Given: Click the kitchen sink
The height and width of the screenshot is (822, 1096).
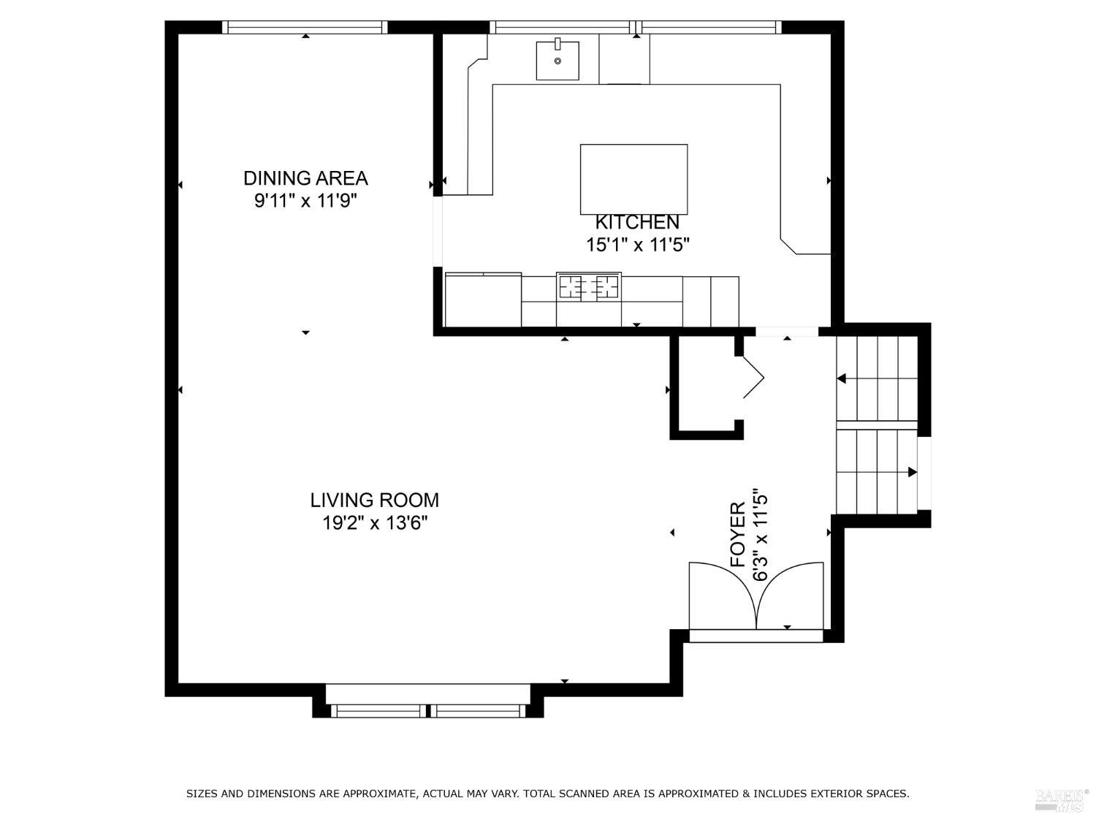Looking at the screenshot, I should [557, 61].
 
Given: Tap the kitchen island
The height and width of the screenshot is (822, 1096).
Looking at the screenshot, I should [633, 178].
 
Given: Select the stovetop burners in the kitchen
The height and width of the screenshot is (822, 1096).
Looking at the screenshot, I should [588, 286].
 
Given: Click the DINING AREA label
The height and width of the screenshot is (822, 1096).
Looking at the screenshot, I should [305, 178].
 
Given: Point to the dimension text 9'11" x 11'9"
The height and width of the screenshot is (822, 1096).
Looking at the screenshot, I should [305, 201].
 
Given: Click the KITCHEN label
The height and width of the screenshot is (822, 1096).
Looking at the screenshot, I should [637, 222].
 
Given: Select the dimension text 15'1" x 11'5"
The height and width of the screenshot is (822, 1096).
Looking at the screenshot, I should [637, 245].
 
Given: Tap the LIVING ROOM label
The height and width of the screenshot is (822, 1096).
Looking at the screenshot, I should [374, 501].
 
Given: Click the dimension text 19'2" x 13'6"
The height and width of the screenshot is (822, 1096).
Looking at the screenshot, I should [374, 523].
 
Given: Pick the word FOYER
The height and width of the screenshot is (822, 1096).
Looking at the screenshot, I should [738, 534].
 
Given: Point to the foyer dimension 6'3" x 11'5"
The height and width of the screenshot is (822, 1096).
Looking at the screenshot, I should [761, 534].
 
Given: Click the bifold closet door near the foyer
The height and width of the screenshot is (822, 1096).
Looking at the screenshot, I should [753, 378].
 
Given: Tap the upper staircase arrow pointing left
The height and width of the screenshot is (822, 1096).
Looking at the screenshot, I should [842, 378].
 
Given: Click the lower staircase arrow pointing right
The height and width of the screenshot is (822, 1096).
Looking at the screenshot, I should [911, 472].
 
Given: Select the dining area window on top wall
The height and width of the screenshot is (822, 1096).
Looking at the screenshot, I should [305, 28].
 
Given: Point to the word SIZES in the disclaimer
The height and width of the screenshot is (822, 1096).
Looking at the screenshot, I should [202, 794].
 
